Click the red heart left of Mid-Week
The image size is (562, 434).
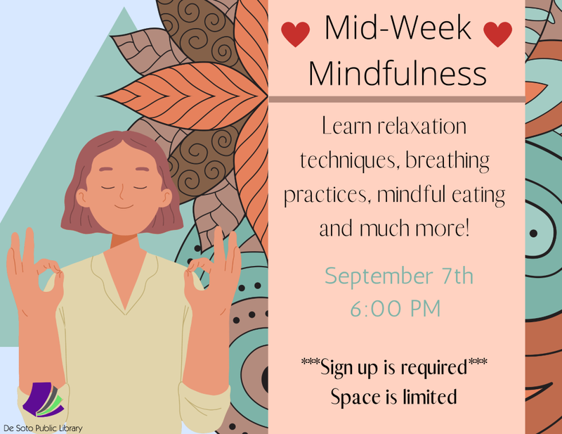coord(295,34)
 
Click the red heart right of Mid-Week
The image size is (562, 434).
coord(497,34)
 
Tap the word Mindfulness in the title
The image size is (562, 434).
coord(398,73)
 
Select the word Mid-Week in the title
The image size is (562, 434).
coord(398,27)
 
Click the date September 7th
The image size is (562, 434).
coord(399,276)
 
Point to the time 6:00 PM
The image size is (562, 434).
coord(396,309)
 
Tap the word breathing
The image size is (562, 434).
coord(447,161)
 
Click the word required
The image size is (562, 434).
coord(433,369)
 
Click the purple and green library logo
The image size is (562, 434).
coord(43,400)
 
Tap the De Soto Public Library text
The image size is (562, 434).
coord(43,428)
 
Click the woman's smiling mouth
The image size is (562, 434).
coord(124,207)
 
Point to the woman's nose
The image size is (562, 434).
coord(122,193)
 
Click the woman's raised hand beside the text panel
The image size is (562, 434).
coord(214,273)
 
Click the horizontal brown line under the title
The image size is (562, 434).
coord(397,99)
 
